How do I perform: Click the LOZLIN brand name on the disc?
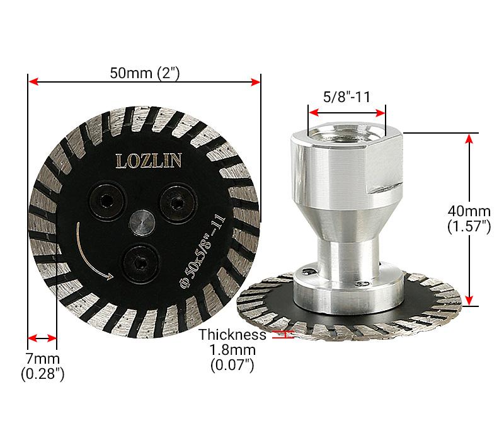(x=149, y=161)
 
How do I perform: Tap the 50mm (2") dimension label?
(x=145, y=72)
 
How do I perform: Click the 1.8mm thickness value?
(x=232, y=350)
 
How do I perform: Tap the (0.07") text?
(x=232, y=365)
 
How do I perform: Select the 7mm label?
(x=42, y=359)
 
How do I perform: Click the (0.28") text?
(x=42, y=374)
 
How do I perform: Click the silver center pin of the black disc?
(x=141, y=223)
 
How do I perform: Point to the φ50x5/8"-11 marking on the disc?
(x=198, y=249)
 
